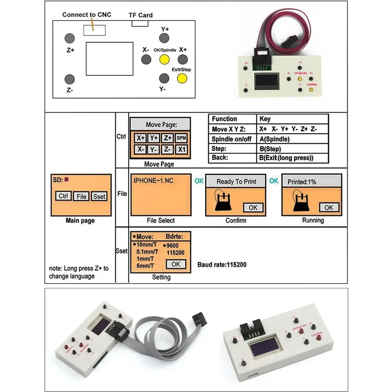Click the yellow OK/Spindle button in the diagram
[x=164, y=60]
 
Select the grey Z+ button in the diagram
[x=69, y=38]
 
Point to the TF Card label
[x=140, y=15]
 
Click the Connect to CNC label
[x=87, y=15]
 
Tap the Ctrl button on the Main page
[x=63, y=196]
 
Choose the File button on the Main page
[x=81, y=196]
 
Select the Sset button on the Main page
[x=99, y=196]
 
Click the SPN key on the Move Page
[x=181, y=138]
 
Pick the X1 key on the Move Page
[x=181, y=149]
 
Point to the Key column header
[x=265, y=119]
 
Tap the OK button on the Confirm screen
[x=253, y=207]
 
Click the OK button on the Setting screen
[x=176, y=264]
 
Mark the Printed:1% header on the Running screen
[x=302, y=182]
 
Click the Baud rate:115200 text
[x=222, y=265]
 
